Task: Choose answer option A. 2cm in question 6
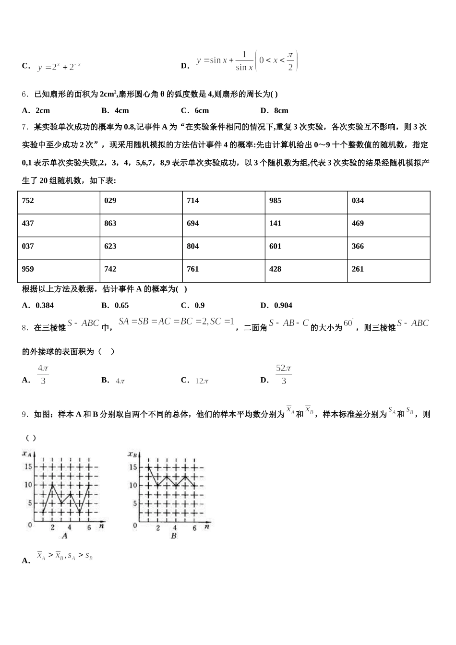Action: pyautogui.click(x=36, y=110)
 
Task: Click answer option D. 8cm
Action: pyautogui.click(x=274, y=110)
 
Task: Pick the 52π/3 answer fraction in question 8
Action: pyautogui.click(x=284, y=375)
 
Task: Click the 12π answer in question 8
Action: pyautogui.click(x=202, y=381)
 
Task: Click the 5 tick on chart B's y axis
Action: pyautogui.click(x=135, y=503)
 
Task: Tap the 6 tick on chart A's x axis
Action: pyautogui.click(x=89, y=528)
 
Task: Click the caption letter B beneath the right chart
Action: pyautogui.click(x=174, y=536)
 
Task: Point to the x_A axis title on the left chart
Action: pyautogui.click(x=27, y=454)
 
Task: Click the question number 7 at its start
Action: pyautogui.click(x=24, y=127)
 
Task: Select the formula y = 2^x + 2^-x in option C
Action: pyautogui.click(x=59, y=67)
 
